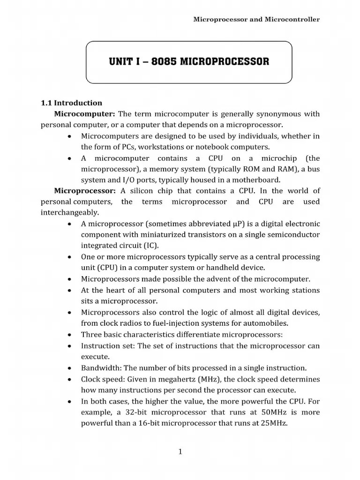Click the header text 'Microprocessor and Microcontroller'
point(256,19)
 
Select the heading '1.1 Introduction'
point(71,103)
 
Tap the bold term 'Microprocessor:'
point(85,191)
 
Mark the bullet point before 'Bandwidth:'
point(69,368)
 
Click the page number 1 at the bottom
point(180,452)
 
